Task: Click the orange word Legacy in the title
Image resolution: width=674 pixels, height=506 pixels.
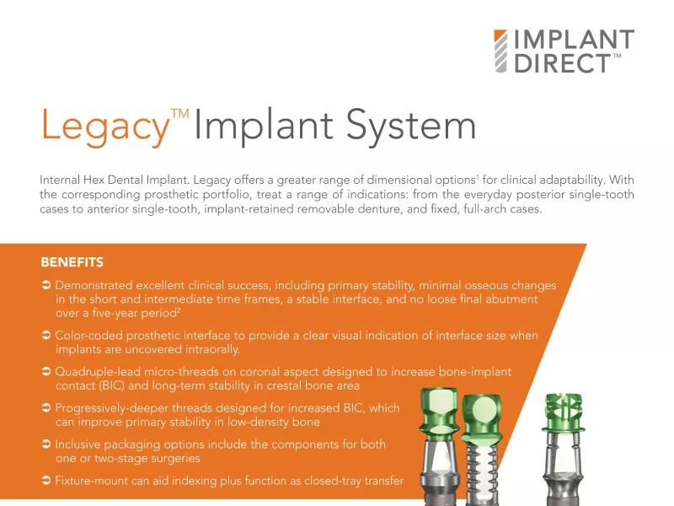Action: point(105,126)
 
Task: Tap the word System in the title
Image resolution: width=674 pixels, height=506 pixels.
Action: point(411,126)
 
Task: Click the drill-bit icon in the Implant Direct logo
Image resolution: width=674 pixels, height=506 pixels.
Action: point(500,51)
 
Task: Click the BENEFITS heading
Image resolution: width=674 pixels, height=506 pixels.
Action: point(72,262)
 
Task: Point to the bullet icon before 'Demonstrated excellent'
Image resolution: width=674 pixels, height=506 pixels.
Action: point(46,285)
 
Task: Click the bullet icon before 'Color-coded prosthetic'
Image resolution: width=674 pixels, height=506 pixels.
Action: point(46,335)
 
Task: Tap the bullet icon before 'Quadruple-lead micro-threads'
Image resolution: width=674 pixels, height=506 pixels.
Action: point(46,371)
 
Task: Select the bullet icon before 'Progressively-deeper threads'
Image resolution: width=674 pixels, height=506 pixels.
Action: point(46,407)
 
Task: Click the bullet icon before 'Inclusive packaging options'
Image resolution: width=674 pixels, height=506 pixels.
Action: point(46,444)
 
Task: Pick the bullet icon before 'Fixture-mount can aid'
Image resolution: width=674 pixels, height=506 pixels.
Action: point(46,480)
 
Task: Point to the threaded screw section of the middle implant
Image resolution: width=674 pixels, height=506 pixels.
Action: point(482,465)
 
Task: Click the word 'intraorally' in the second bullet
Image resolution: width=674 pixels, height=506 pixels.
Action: point(212,349)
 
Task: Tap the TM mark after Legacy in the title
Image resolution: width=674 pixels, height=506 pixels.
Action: point(180,114)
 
